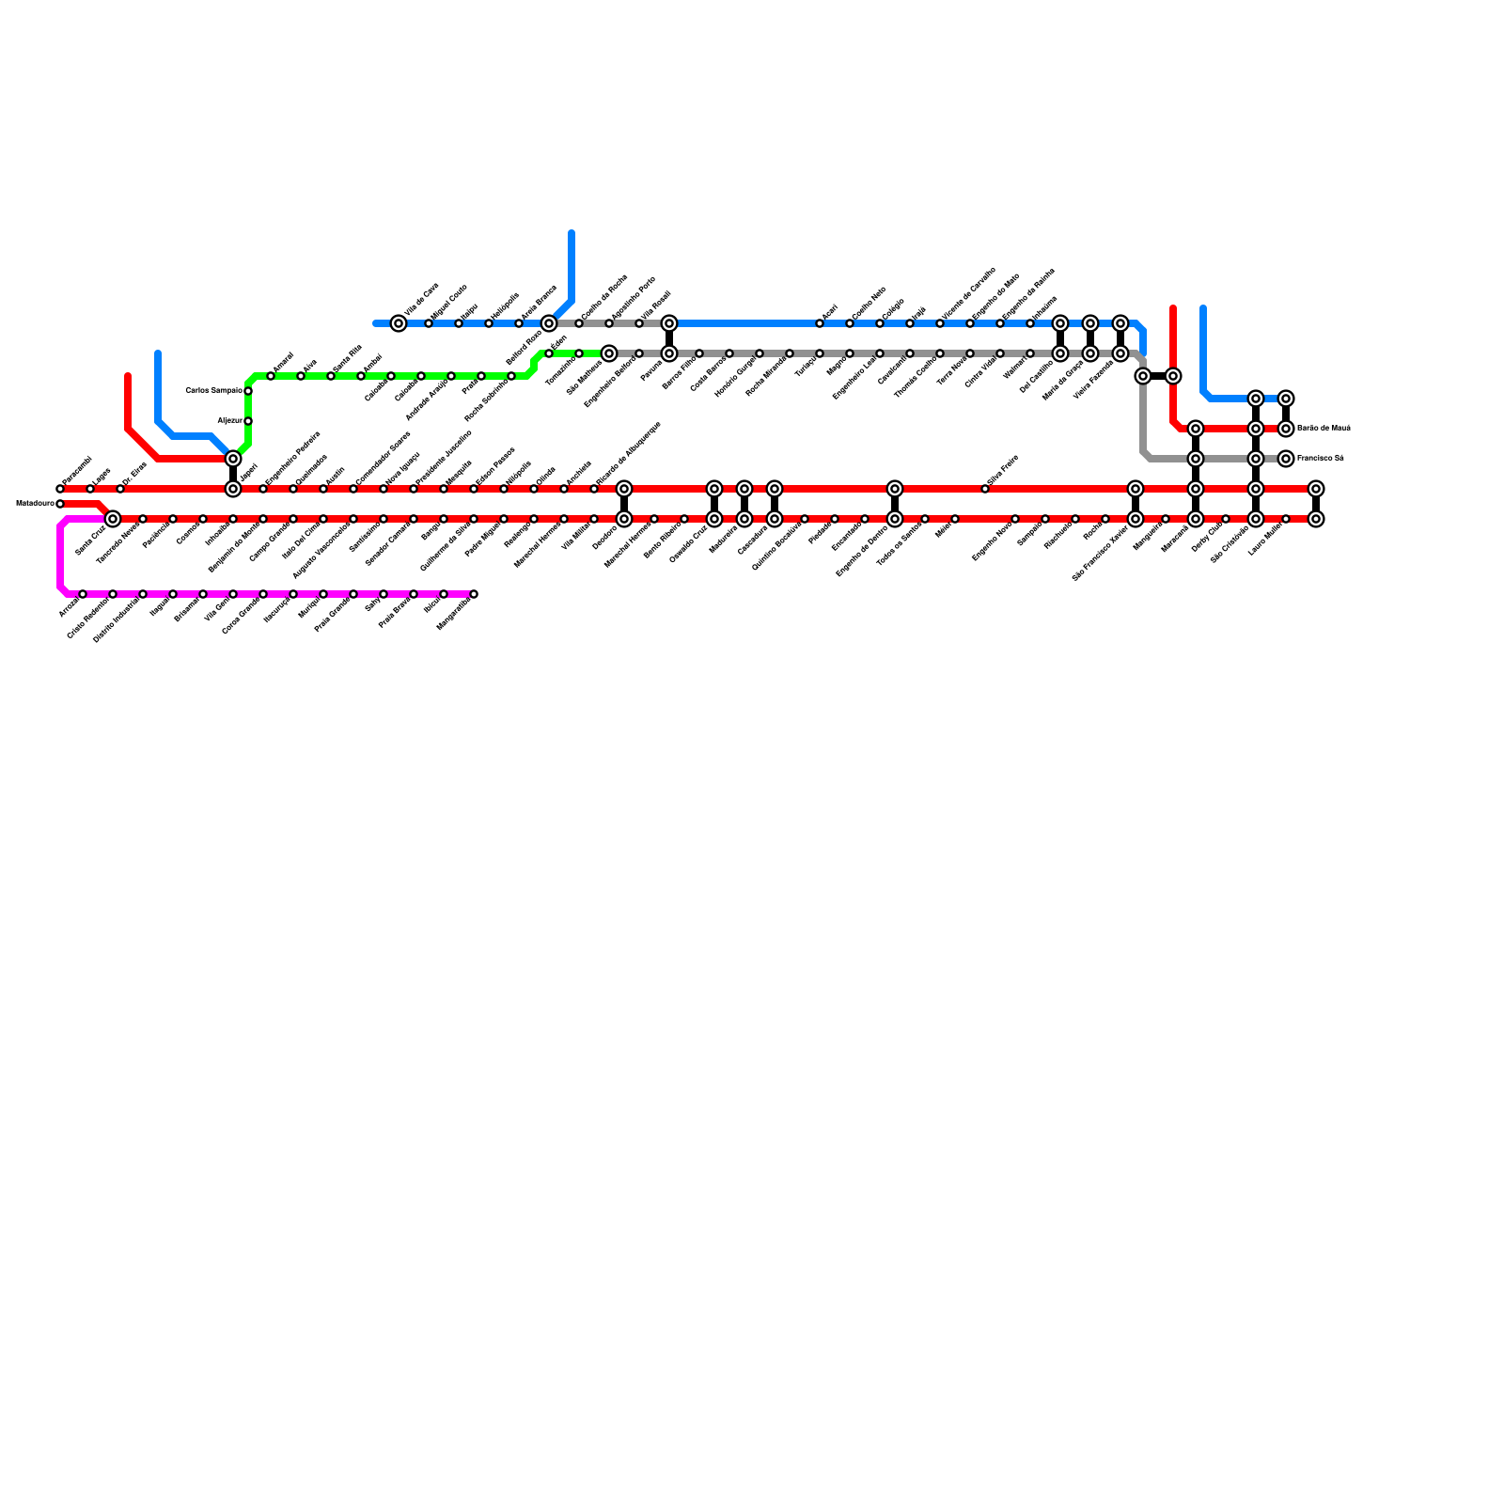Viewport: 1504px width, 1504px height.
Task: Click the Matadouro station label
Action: click(x=34, y=504)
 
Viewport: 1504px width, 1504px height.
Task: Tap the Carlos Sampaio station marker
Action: click(x=248, y=391)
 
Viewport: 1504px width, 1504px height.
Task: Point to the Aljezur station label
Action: click(x=229, y=421)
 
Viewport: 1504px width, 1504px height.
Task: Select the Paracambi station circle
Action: click(x=60, y=489)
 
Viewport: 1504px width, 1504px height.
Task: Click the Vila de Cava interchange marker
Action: click(x=399, y=323)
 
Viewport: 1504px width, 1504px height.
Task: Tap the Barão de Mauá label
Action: click(x=1324, y=429)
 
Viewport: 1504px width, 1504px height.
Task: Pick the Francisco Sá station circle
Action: click(x=1286, y=459)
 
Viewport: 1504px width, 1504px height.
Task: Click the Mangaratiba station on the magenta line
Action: click(x=474, y=594)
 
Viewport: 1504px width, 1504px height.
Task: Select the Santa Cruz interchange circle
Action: click(x=113, y=519)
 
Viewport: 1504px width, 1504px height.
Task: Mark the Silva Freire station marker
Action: click(x=985, y=489)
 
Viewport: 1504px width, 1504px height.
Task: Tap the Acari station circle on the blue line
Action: click(x=820, y=323)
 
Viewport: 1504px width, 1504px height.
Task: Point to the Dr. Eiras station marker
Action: click(x=120, y=489)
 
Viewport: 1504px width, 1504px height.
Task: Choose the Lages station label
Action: click(x=102, y=473)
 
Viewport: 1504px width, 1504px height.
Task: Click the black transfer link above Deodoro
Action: click(x=624, y=504)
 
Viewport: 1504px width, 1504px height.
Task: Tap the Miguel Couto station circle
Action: click(x=429, y=323)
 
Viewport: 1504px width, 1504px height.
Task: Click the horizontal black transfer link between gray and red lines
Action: click(x=1158, y=376)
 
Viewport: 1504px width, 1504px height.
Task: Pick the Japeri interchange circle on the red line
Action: click(x=233, y=489)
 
